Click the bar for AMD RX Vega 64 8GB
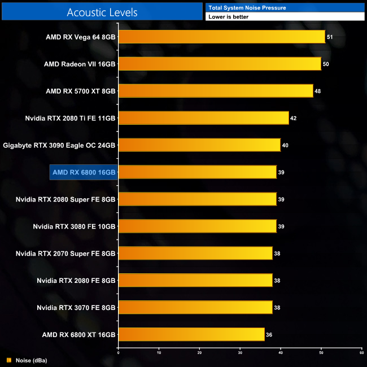(x=222, y=37)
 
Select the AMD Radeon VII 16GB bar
(x=220, y=64)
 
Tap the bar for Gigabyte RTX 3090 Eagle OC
(x=199, y=145)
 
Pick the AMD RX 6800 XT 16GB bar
(x=191, y=335)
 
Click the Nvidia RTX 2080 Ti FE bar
(x=203, y=118)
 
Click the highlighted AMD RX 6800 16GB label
(x=84, y=172)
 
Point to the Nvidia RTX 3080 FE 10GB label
(x=74, y=226)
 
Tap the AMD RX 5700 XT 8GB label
(x=81, y=91)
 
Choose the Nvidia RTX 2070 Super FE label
(x=65, y=254)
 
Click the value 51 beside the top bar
(x=330, y=37)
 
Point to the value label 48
(x=318, y=91)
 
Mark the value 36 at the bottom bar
(x=269, y=335)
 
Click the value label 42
(x=293, y=119)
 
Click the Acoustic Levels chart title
(x=102, y=12)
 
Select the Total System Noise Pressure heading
(x=247, y=7)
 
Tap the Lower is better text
(x=228, y=17)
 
